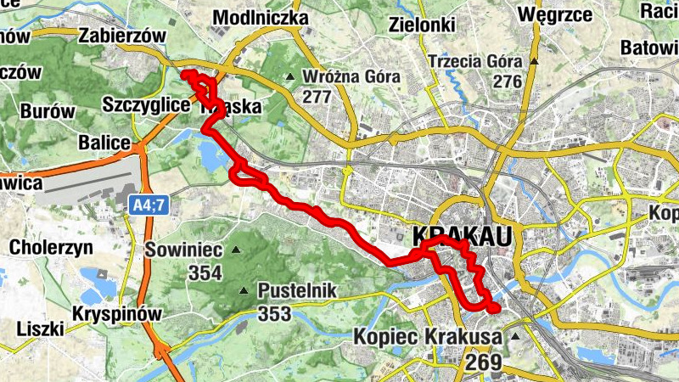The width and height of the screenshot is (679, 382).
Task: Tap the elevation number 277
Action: point(316,97)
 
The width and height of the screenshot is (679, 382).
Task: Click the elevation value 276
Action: point(507,82)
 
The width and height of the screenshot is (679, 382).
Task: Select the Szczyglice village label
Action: point(145,104)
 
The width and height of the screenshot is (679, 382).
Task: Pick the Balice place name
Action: point(104,141)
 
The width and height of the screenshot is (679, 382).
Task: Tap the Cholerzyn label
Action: point(48,248)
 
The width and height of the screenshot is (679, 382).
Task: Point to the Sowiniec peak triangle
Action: point(237,250)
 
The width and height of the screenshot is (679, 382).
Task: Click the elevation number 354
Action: point(205,273)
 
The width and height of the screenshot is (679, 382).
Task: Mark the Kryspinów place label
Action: point(116,314)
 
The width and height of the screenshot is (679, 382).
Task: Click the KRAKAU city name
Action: point(463,236)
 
